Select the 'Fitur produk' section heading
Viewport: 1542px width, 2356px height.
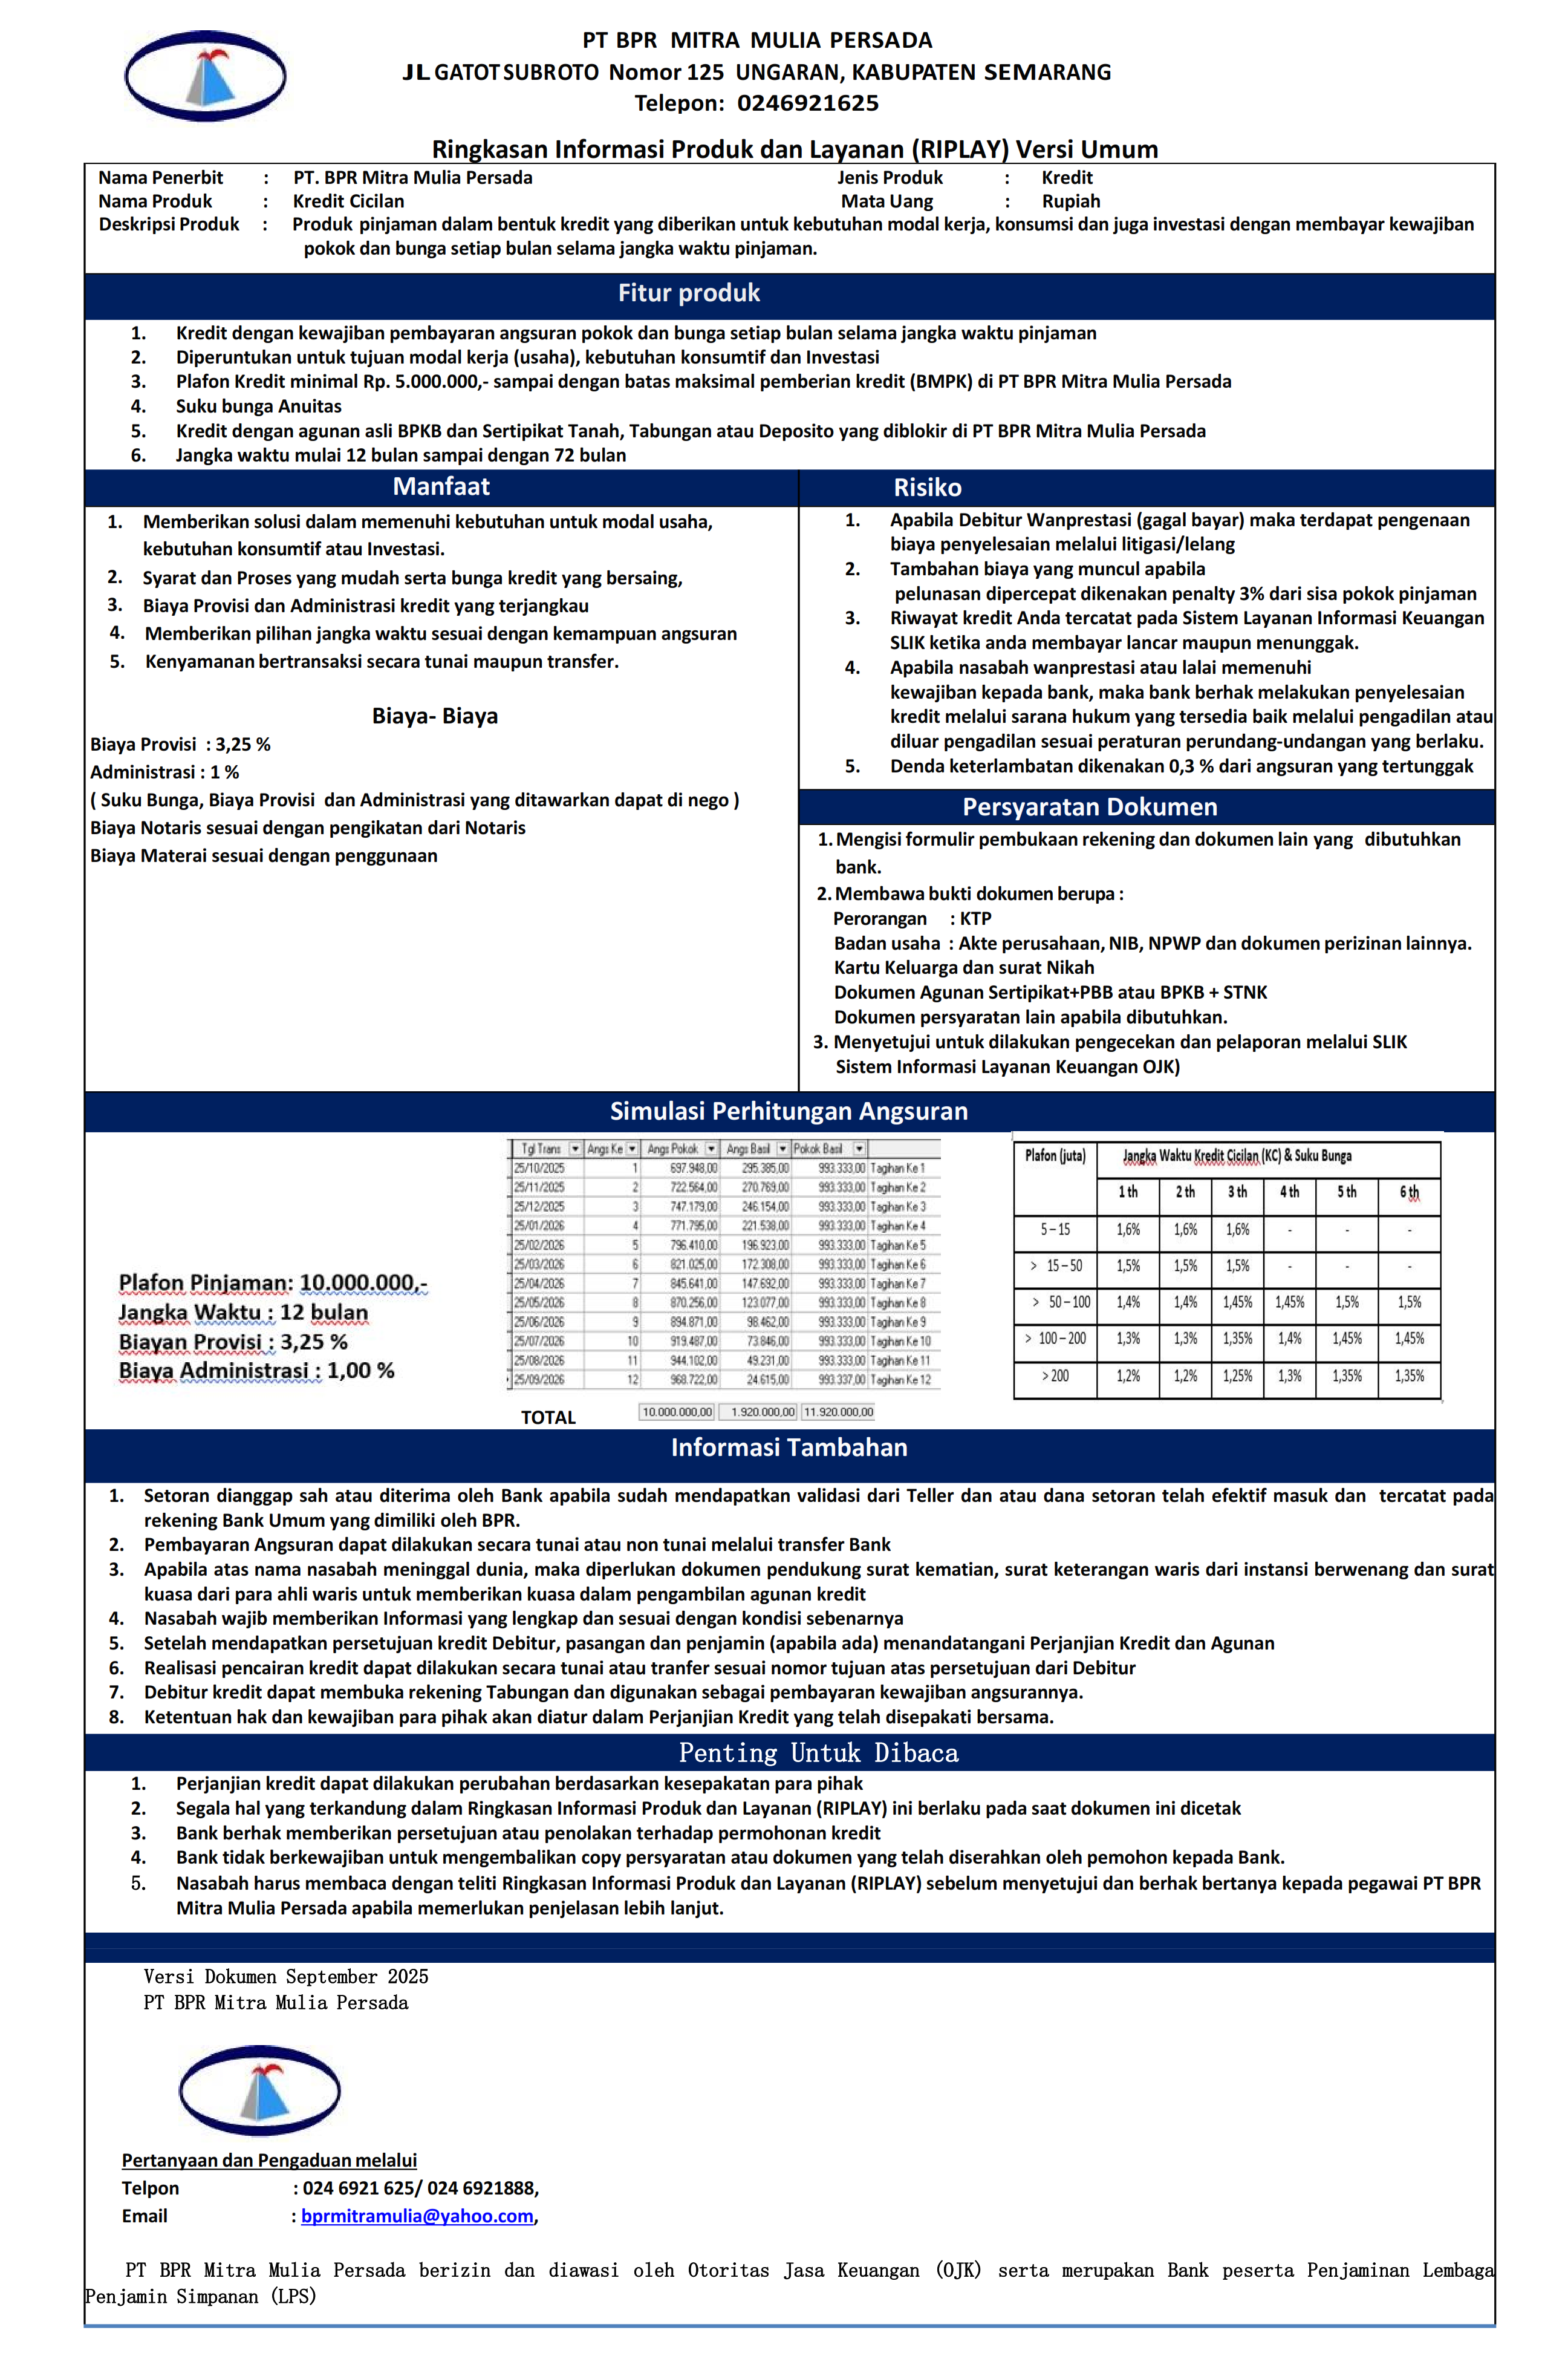tap(689, 293)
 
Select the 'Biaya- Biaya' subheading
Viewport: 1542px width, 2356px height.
tap(435, 716)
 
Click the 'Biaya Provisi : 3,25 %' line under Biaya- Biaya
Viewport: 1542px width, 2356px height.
tap(180, 745)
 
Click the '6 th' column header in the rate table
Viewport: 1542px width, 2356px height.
tap(1408, 1193)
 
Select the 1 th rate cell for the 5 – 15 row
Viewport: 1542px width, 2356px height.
tap(1127, 1230)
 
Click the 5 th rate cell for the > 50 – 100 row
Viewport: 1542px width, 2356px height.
tap(1346, 1303)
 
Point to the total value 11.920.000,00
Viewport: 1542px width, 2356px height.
tap(838, 1412)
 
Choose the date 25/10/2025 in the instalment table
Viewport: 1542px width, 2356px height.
tap(539, 1168)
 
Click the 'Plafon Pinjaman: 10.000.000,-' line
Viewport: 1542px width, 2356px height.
tap(272, 1283)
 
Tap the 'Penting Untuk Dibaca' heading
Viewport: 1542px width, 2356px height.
tap(818, 1753)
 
